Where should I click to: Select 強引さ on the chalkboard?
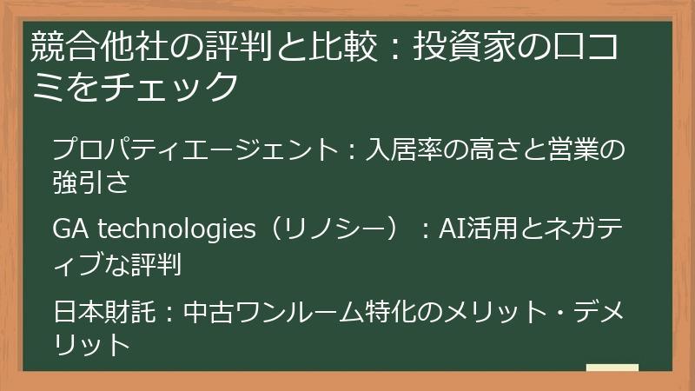91,180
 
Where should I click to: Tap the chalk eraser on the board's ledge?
612,368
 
